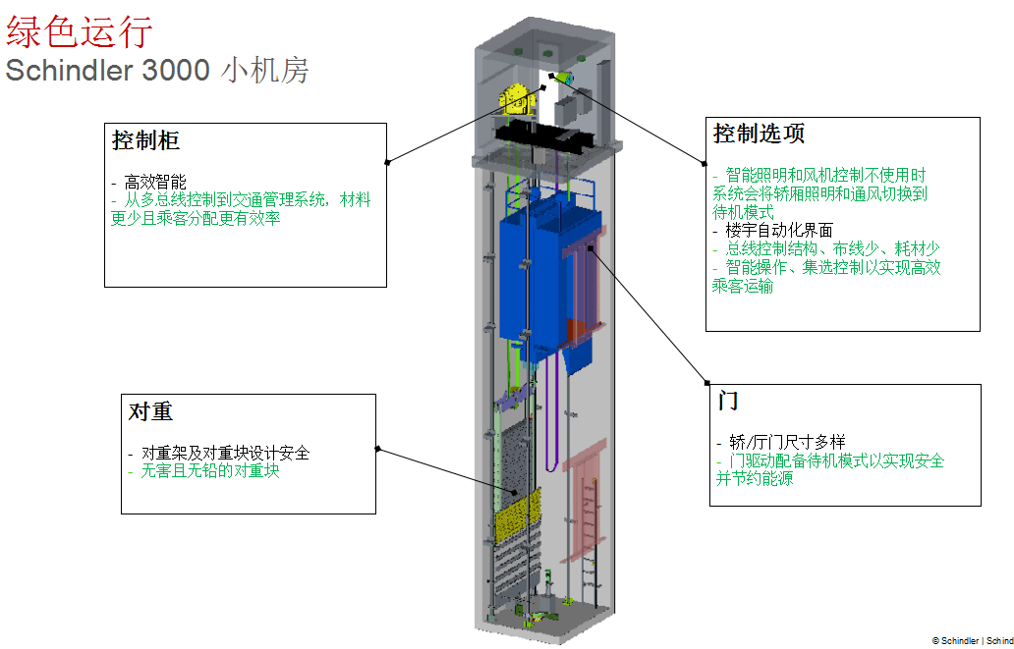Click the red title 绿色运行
(x=80, y=31)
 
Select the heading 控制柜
(x=145, y=140)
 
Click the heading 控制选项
(x=760, y=133)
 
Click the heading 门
(x=728, y=401)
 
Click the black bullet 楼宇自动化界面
(x=778, y=231)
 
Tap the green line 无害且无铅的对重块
(x=211, y=471)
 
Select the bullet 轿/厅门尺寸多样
(x=786, y=443)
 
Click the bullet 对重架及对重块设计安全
(x=225, y=454)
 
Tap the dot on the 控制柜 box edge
(x=388, y=161)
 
